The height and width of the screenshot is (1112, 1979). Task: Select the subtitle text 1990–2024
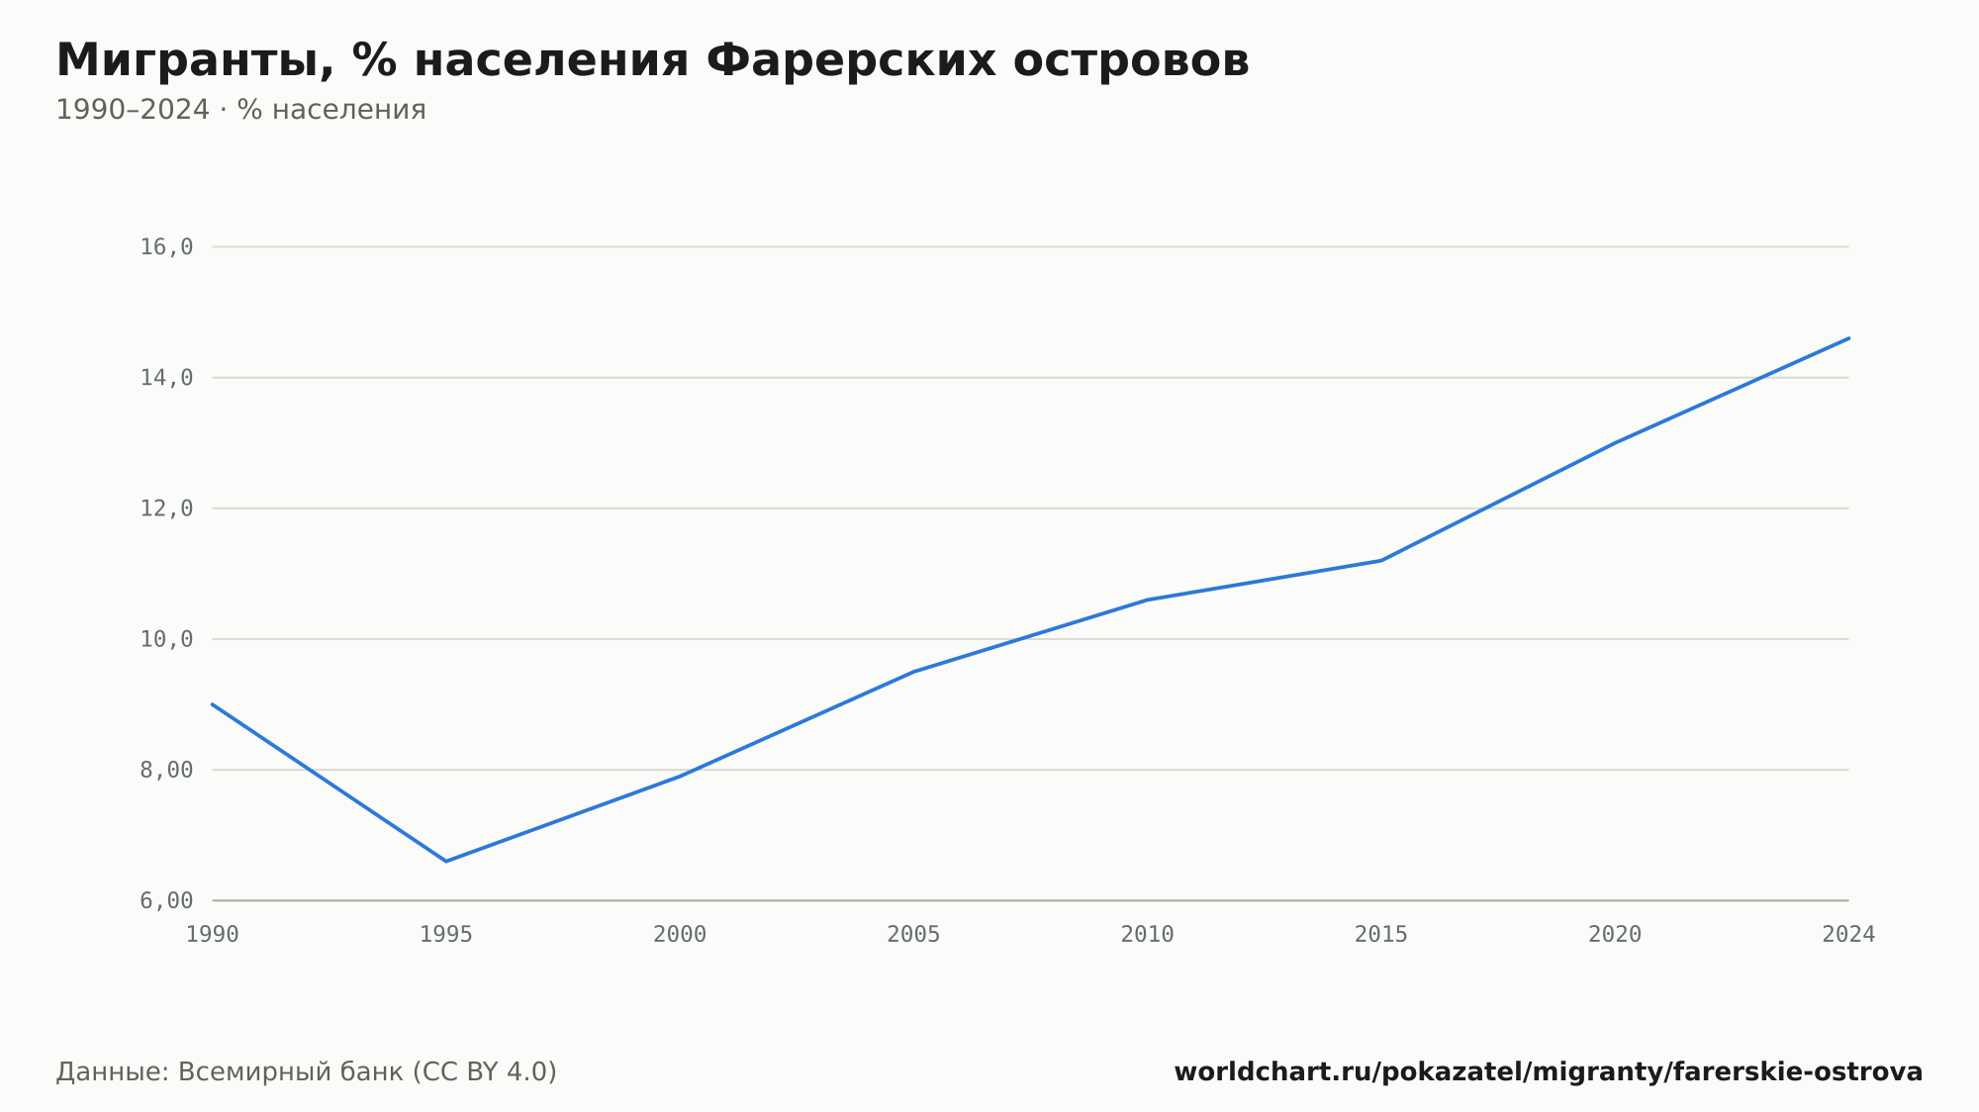(x=133, y=110)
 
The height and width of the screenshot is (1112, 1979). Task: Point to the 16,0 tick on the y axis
(x=166, y=247)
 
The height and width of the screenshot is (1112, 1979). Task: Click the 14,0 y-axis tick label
(x=166, y=378)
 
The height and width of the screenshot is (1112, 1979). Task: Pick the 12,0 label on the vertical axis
(x=166, y=509)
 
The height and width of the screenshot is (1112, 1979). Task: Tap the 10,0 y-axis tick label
(x=166, y=639)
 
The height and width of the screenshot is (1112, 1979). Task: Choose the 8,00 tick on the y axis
(x=166, y=770)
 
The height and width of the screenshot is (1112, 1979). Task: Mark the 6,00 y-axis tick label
(x=166, y=900)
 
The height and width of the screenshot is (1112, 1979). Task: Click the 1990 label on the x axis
(x=213, y=935)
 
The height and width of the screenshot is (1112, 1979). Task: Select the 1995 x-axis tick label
(x=446, y=935)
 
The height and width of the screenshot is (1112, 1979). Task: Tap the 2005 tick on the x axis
(x=913, y=935)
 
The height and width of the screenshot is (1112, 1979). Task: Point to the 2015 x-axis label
(x=1381, y=935)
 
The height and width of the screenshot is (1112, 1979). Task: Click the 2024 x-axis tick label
(x=1848, y=935)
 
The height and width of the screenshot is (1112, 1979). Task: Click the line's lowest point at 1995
(x=446, y=861)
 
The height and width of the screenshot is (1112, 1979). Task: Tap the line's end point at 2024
(x=1848, y=338)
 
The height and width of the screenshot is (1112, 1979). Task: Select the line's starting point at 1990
(x=213, y=704)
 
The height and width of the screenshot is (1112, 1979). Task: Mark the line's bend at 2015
(x=1381, y=561)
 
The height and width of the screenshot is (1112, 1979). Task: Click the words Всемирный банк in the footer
(x=291, y=1072)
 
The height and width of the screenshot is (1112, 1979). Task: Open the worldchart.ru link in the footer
(x=1549, y=1072)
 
